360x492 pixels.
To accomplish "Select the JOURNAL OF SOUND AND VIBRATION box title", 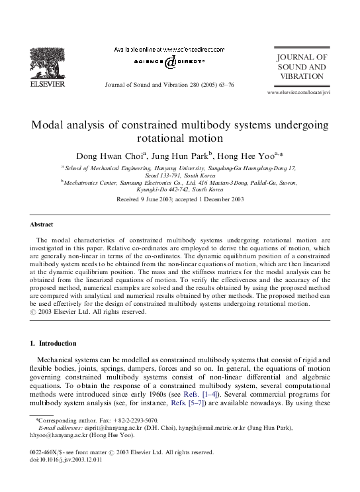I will tap(302, 67).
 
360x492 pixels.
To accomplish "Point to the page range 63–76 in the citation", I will tap(223, 85).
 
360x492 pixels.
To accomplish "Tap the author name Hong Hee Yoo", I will tap(246, 156).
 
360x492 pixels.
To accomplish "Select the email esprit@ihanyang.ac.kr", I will tap(103, 428).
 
